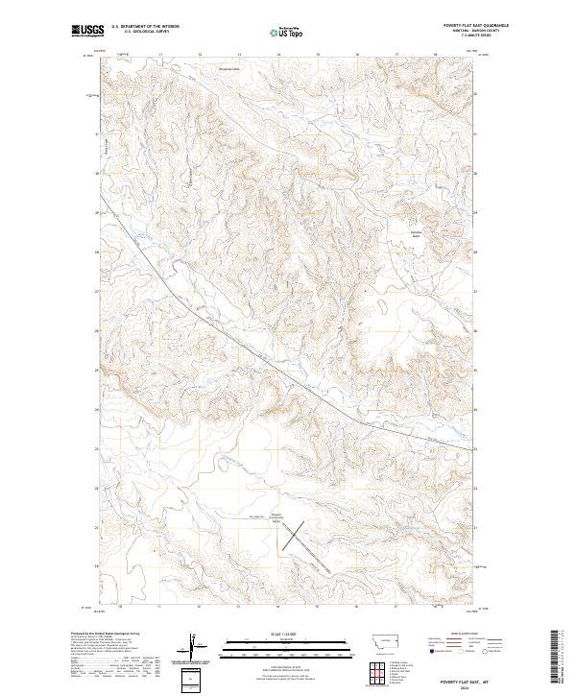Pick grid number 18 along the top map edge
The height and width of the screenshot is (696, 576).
[x=434, y=56]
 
